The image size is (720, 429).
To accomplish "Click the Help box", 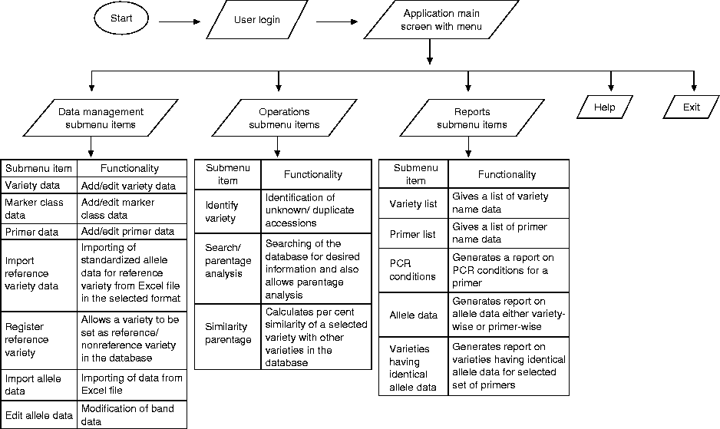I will pyautogui.click(x=605, y=107).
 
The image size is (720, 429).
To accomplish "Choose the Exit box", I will pyautogui.click(x=692, y=107).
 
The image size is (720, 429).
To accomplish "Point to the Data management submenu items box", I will pyautogui.click(x=101, y=117).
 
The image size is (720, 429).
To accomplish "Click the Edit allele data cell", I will pyautogui.click(x=39, y=415).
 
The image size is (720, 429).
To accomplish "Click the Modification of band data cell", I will pyautogui.click(x=132, y=415).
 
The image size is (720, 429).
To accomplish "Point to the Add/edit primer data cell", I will pyautogui.click(x=132, y=231).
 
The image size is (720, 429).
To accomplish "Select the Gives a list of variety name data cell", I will pyautogui.click(x=508, y=203).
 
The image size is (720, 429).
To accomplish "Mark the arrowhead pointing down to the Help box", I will pyautogui.click(x=611, y=86).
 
